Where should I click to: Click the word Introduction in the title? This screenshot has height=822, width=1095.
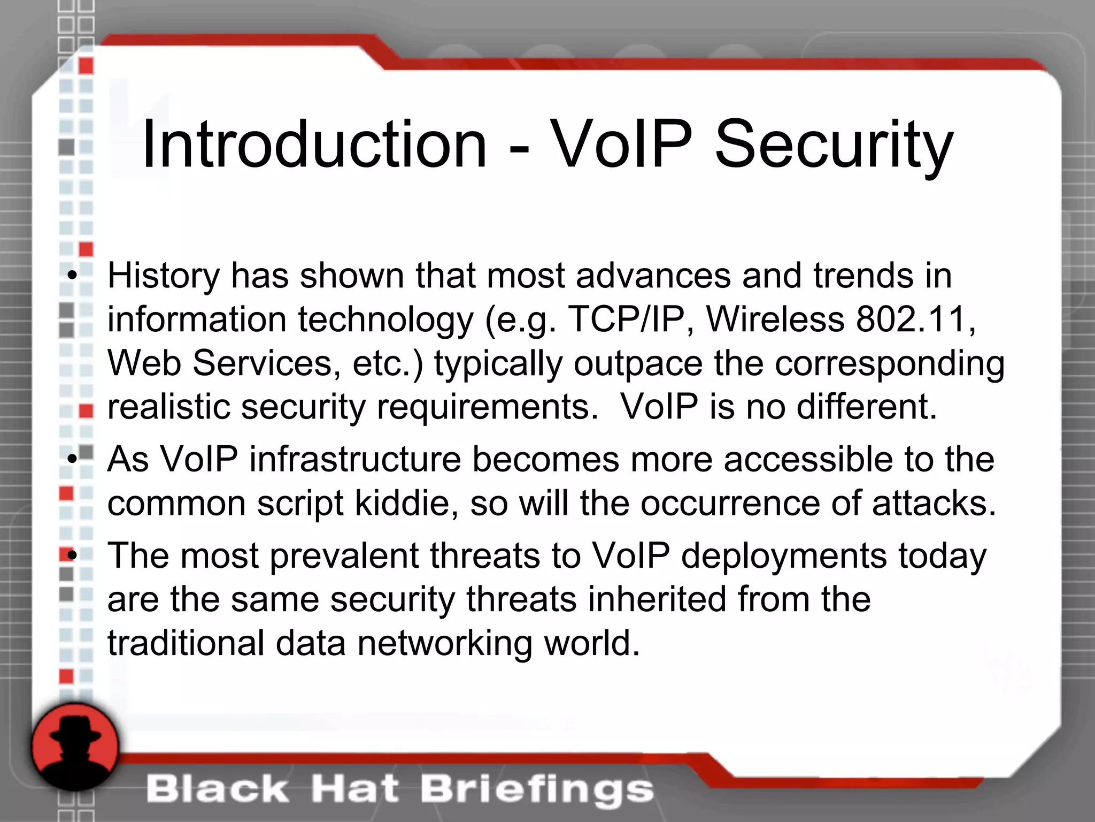pyautogui.click(x=314, y=144)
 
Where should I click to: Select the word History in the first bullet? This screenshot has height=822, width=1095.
pyautogui.click(x=164, y=276)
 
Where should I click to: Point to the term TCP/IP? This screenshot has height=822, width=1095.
pyautogui.click(x=626, y=319)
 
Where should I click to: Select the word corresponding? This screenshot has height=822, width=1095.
pyautogui.click(x=890, y=364)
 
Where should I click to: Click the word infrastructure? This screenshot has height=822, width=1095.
pyautogui.click(x=355, y=459)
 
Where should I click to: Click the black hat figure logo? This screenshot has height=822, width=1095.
pyautogui.click(x=74, y=747)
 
